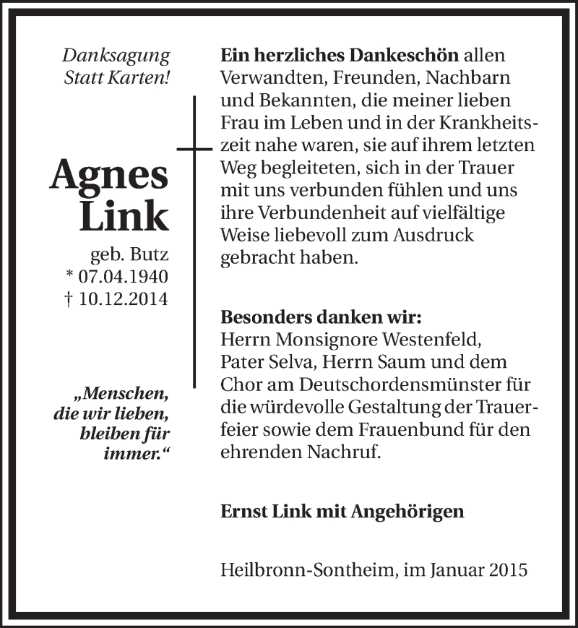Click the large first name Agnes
[109, 174]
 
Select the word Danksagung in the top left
[116, 55]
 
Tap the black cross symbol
[194, 148]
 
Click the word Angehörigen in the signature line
[407, 511]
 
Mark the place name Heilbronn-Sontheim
[307, 569]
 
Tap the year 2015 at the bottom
[507, 569]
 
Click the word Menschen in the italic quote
[128, 395]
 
